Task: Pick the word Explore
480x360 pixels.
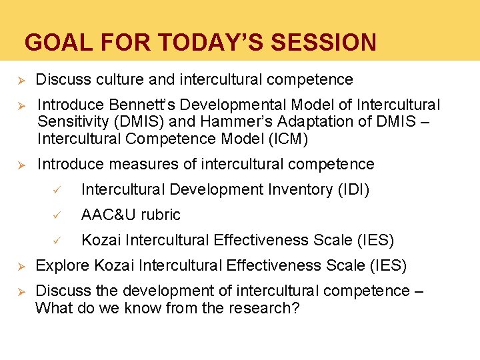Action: (x=62, y=266)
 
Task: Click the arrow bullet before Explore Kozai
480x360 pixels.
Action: (x=20, y=266)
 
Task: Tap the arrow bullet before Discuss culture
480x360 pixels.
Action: (x=20, y=80)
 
